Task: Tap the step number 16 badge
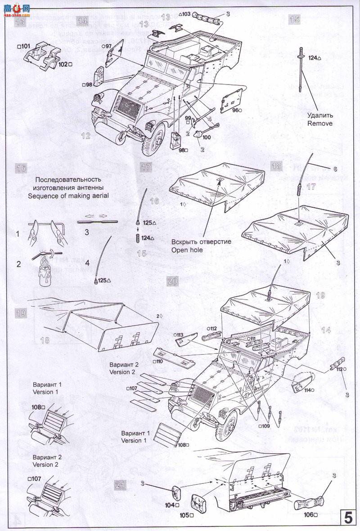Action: (21, 168)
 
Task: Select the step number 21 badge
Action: (120, 485)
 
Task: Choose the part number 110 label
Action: (157, 361)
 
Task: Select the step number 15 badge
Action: (294, 19)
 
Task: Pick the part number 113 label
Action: (180, 335)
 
